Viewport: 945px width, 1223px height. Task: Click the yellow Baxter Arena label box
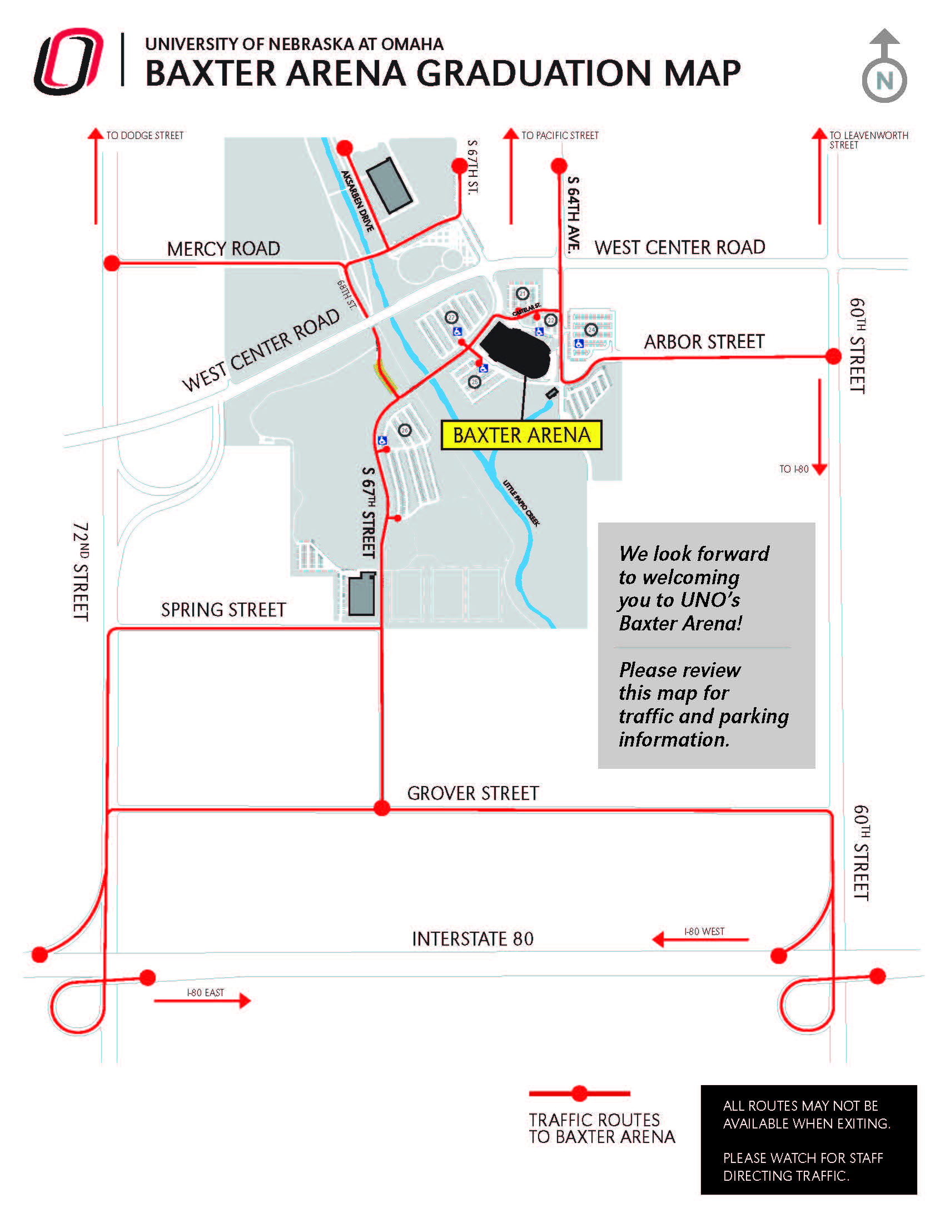521,435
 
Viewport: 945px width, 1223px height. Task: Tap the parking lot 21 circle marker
523,294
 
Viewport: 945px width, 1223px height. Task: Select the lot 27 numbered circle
451,318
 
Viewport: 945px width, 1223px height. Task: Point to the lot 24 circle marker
591,330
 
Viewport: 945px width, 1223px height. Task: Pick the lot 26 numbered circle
405,430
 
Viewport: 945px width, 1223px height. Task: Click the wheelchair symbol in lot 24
579,343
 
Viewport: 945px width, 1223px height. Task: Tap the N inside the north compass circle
884,81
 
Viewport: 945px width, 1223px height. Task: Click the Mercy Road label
223,248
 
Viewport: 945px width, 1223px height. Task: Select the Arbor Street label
704,341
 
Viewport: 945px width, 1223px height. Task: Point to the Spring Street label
223,610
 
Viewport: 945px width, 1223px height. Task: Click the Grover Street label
473,793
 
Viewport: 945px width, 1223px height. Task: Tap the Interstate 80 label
473,939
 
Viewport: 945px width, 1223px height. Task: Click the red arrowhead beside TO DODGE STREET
96,135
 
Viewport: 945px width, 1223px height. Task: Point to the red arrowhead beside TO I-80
819,469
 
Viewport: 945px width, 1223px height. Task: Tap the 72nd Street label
81,571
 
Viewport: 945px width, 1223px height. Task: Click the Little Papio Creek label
521,503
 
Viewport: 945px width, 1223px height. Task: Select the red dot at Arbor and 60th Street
833,356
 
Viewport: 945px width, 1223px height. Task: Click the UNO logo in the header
69,61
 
